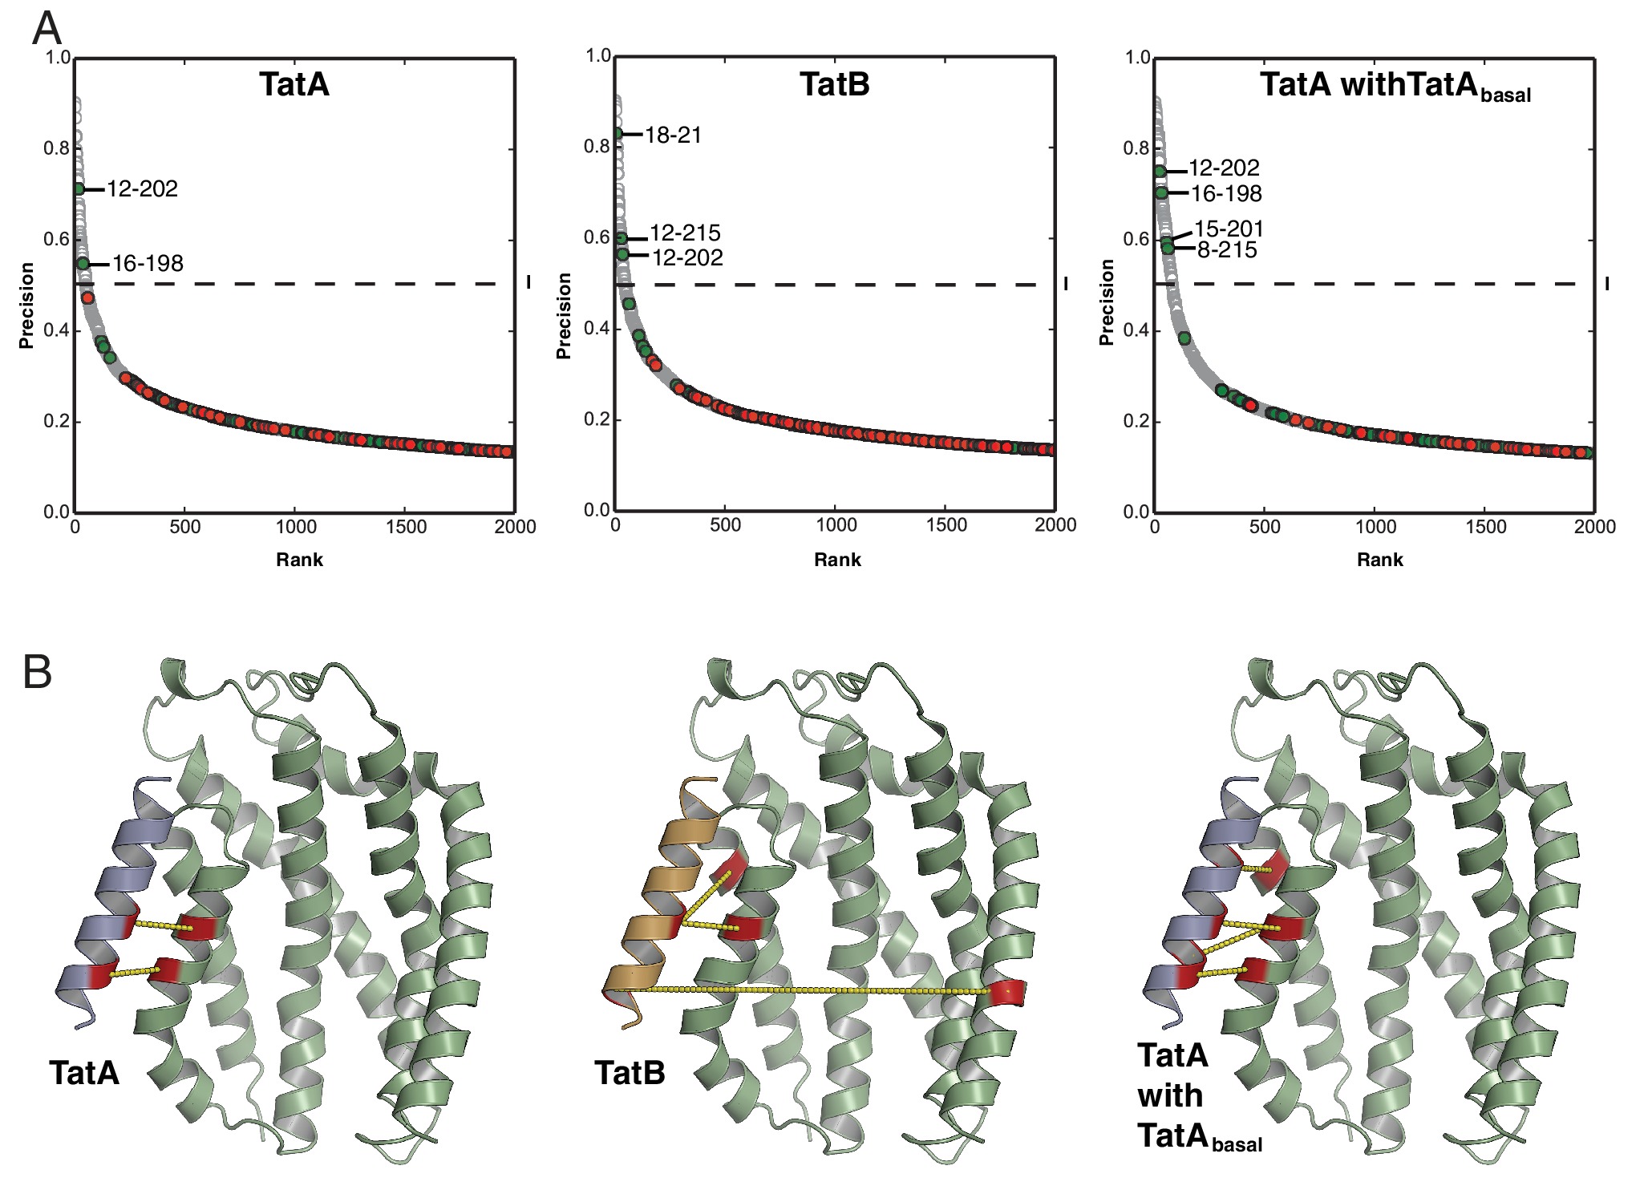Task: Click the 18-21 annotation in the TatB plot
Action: pos(673,135)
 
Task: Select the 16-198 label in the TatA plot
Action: pos(148,264)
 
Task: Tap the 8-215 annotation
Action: pos(1227,250)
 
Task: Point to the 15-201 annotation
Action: pos(1229,229)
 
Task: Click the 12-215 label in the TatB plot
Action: pos(685,233)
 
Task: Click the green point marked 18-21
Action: pos(617,134)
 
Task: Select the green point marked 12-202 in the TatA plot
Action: pos(79,188)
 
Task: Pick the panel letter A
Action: pos(47,29)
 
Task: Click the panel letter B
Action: pos(37,672)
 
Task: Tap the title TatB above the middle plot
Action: pos(834,84)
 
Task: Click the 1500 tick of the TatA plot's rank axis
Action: pos(406,527)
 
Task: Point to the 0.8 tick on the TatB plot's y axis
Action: pos(597,146)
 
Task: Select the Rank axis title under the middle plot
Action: pos(837,560)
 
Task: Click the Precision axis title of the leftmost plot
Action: pos(26,306)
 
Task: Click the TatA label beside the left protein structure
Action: pos(84,1073)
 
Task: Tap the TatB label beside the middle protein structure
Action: pos(630,1073)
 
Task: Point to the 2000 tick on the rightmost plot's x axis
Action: pos(1594,527)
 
